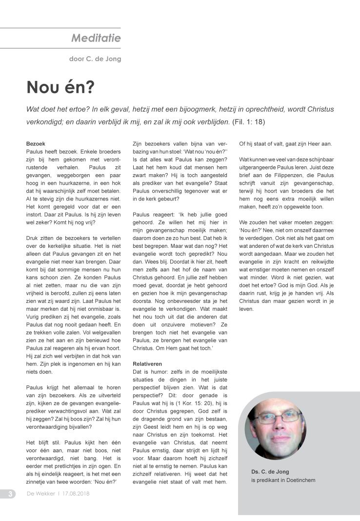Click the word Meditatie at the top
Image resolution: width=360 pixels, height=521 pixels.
pyautogui.click(x=96, y=38)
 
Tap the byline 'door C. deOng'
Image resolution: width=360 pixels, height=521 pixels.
pyautogui.click(x=95, y=59)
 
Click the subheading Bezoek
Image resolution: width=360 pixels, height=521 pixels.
pyautogui.click(x=36, y=144)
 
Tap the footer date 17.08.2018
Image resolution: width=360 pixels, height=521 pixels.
pyautogui.click(x=76, y=493)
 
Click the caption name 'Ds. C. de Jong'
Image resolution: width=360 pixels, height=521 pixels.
pyautogui.click(x=270, y=471)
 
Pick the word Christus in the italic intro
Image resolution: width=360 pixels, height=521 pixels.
pyautogui.click(x=319, y=109)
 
